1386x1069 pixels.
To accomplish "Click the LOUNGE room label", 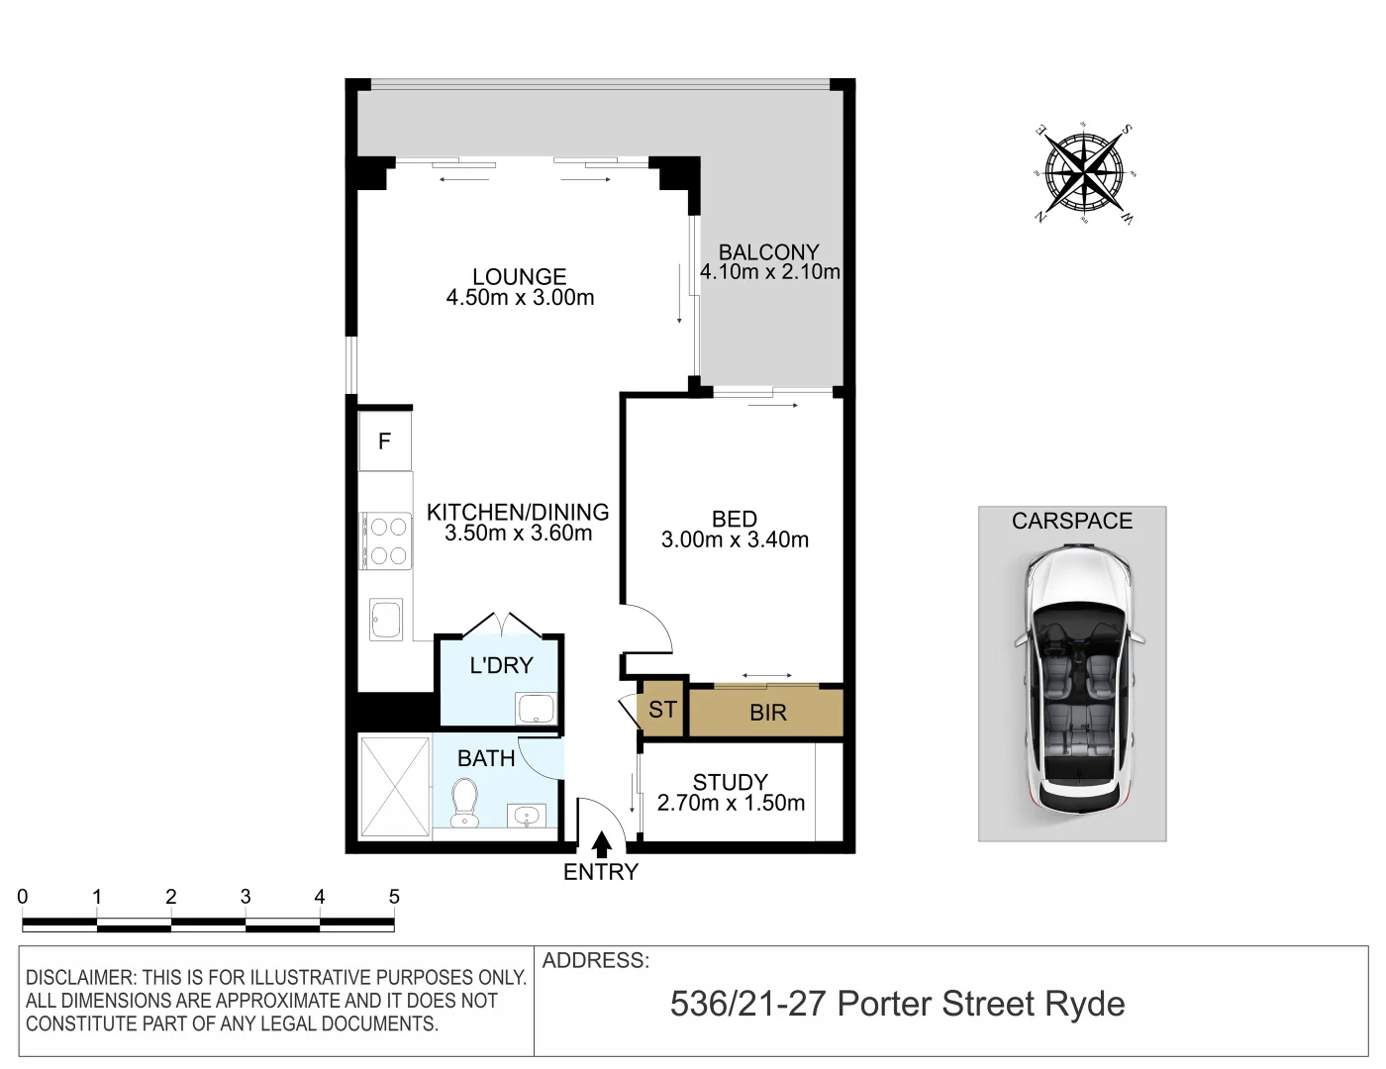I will [x=519, y=277].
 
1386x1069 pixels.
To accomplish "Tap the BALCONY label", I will [x=768, y=251].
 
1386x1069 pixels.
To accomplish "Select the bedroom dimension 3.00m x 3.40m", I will [x=735, y=540].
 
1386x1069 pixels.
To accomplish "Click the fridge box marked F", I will [x=385, y=441].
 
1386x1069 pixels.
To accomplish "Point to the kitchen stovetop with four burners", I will [x=386, y=540].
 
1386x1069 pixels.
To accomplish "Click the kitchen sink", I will [x=385, y=620].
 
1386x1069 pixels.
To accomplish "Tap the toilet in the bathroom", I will [x=463, y=803].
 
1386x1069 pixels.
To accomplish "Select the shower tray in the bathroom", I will [x=394, y=788].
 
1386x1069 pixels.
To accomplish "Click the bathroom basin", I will [x=525, y=816].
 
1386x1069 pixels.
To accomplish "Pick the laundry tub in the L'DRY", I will [x=535, y=709].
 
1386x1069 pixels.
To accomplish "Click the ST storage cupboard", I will [x=662, y=710].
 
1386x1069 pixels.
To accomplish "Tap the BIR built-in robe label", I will [x=768, y=713].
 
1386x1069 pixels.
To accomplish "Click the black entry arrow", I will [x=601, y=844].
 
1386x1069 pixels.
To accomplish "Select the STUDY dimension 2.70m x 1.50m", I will [x=731, y=804].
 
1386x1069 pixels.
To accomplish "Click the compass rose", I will [x=1084, y=174].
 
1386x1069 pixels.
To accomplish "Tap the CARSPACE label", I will [x=1071, y=521].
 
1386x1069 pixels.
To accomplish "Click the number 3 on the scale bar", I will [x=246, y=897].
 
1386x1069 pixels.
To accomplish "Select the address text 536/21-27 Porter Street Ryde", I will [x=897, y=1004].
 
